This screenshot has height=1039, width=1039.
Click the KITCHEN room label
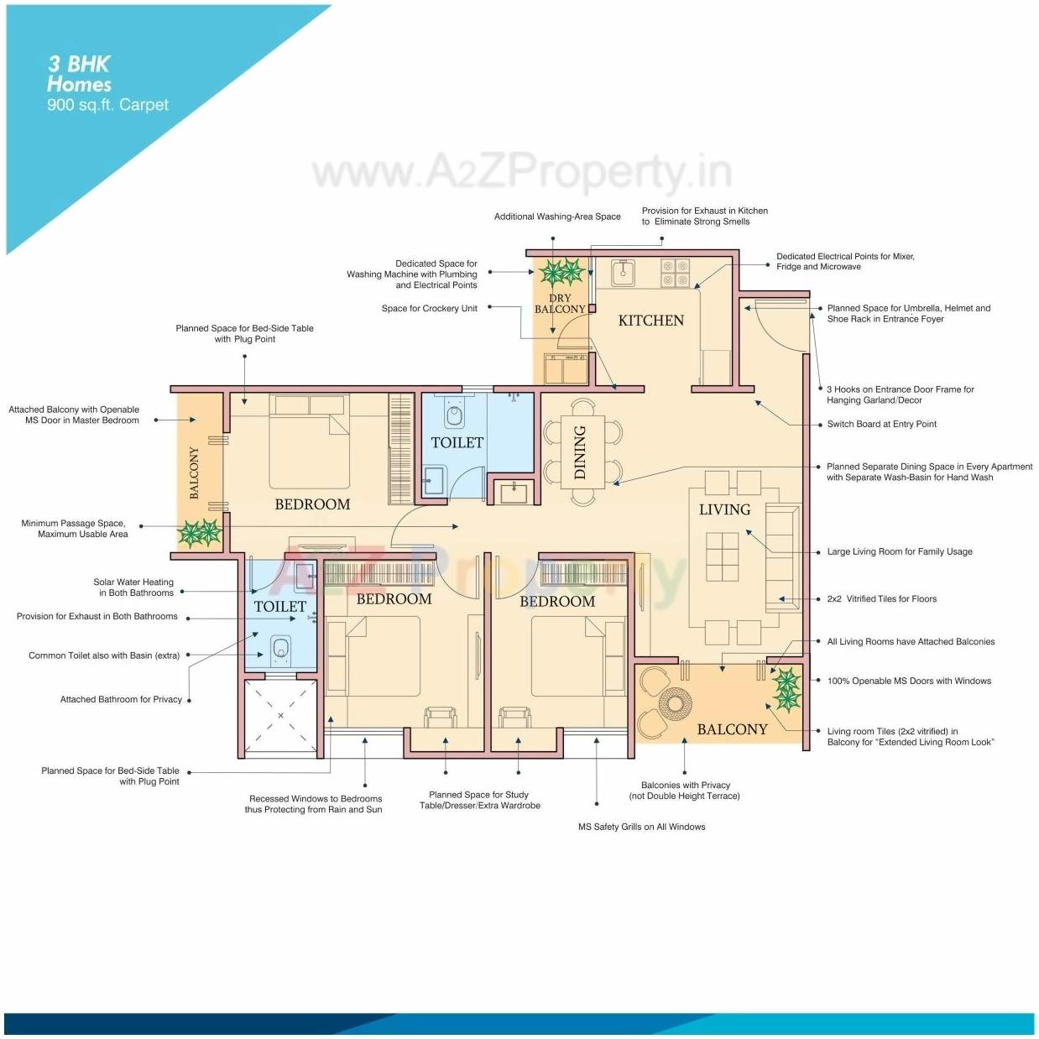tap(650, 321)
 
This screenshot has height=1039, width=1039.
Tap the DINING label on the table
tap(580, 452)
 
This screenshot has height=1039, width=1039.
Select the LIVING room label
tap(724, 509)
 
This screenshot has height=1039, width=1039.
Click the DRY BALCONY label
tap(560, 304)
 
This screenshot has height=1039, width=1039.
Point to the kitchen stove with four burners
tap(676, 273)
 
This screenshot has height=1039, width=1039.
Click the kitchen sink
tap(622, 273)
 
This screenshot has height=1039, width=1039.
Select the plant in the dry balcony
tap(561, 272)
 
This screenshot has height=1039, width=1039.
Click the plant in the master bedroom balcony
tap(199, 532)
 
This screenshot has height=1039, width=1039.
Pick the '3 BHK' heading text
tap(79, 64)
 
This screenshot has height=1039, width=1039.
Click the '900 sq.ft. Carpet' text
tap(107, 105)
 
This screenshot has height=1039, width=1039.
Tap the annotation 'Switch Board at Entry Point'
tap(881, 424)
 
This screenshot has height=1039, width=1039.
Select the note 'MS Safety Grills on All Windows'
tap(641, 827)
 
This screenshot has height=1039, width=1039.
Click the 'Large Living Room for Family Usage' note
tap(900, 551)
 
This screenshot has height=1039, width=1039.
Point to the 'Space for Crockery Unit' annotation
tap(429, 308)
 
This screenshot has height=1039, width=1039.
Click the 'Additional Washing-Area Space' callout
tap(557, 217)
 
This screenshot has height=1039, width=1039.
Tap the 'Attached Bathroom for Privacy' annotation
tap(121, 699)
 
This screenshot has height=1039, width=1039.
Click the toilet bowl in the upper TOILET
tap(455, 415)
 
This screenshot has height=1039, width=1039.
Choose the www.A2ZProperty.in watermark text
tap(520, 172)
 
